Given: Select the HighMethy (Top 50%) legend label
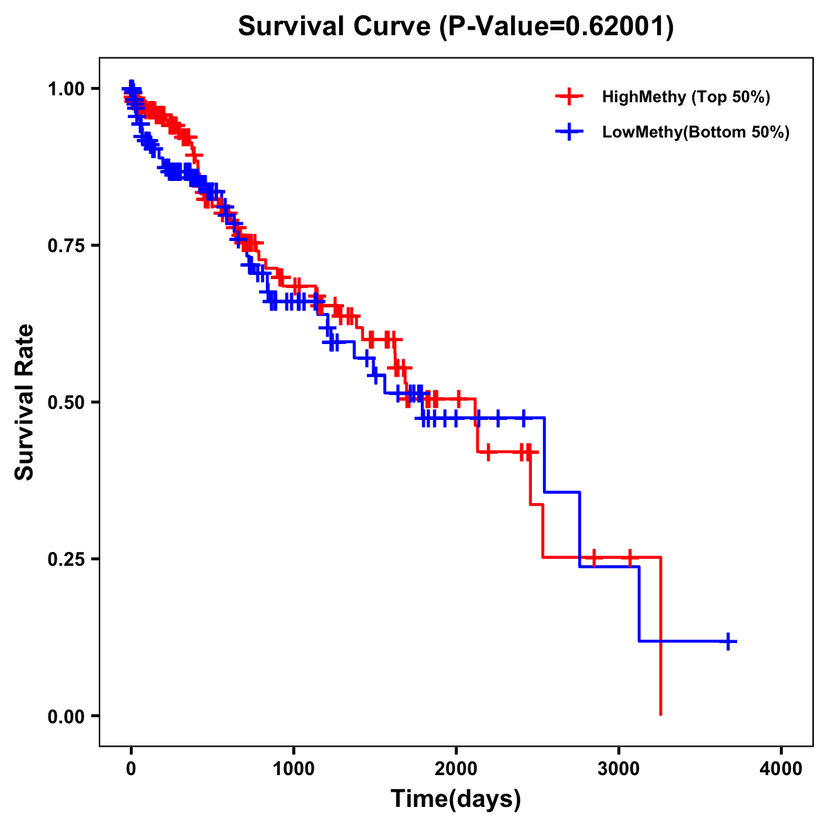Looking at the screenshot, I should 685,97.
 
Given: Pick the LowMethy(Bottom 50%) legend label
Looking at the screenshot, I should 696,132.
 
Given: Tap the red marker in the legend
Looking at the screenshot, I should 569,97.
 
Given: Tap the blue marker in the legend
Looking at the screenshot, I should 569,132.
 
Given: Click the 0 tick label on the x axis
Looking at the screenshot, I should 131,769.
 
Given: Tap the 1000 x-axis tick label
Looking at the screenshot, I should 294,769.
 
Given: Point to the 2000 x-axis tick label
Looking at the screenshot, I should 456,769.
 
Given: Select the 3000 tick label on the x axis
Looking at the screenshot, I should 619,769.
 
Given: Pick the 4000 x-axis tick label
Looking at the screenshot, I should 781,769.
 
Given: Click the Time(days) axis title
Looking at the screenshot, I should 456,799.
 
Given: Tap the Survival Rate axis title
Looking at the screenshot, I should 25,401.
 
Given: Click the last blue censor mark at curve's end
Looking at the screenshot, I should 728,642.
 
